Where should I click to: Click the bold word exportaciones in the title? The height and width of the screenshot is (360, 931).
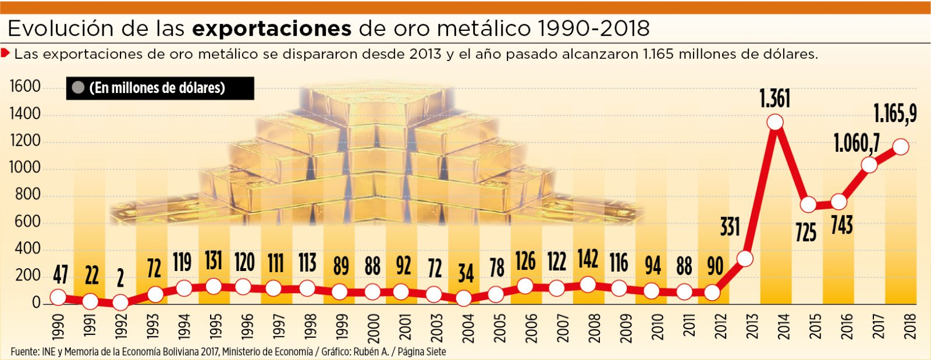[271, 29]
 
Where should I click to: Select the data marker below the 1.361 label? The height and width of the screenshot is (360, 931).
[774, 122]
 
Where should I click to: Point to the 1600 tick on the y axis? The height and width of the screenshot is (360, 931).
[26, 87]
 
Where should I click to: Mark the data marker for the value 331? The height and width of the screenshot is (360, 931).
[744, 258]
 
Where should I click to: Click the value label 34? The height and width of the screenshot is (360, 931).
[465, 273]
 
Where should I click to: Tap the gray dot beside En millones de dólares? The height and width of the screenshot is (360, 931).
[79, 88]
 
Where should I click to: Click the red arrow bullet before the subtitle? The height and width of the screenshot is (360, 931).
[6, 54]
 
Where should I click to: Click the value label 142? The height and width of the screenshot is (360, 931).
[588, 259]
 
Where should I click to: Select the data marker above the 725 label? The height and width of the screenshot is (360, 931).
[808, 205]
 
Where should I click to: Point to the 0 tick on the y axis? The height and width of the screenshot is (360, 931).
[37, 303]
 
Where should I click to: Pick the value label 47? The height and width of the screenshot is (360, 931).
[60, 274]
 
